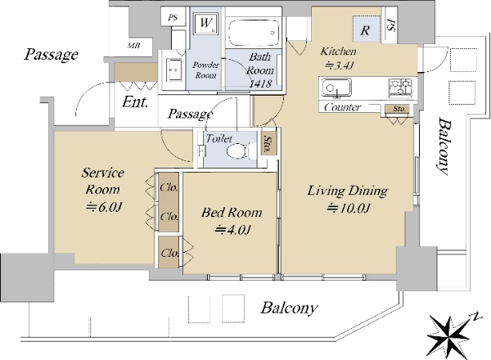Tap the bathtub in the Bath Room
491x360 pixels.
click(x=254, y=33)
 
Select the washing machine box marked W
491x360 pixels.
click(x=205, y=23)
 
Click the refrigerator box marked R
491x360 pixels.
click(x=366, y=29)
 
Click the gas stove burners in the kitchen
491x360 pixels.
click(x=400, y=88)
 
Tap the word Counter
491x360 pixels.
click(x=342, y=107)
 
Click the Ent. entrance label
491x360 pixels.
click(x=135, y=101)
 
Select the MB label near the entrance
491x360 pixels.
click(x=133, y=46)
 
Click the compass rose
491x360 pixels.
click(x=449, y=335)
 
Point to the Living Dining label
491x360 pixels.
click(x=348, y=191)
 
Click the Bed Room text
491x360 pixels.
click(x=232, y=213)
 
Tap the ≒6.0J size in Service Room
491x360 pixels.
click(x=104, y=207)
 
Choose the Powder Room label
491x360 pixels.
click(x=205, y=70)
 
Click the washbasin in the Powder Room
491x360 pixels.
click(x=173, y=70)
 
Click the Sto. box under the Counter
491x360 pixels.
click(x=399, y=109)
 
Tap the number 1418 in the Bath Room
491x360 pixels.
click(x=260, y=83)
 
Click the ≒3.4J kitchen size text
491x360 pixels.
click(x=340, y=65)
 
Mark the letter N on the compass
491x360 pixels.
click(x=476, y=316)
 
